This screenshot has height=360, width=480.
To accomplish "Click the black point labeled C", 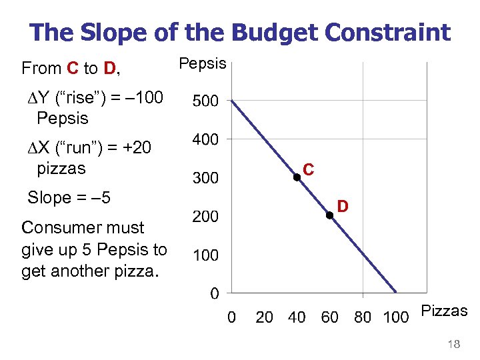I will (x=297, y=177).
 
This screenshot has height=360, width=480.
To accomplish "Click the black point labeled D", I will (x=329, y=215).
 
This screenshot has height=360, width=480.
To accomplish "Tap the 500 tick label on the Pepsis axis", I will (x=205, y=102).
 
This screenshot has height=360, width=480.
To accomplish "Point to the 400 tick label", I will (x=205, y=140).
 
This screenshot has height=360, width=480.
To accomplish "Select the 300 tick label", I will (x=205, y=179).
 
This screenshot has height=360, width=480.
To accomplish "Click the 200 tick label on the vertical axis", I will (x=205, y=217).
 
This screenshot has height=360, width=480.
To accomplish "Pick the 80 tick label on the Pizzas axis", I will (x=363, y=317).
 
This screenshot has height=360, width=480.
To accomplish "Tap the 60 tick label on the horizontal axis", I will (x=330, y=317).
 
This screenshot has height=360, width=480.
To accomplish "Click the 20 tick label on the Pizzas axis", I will (x=265, y=317).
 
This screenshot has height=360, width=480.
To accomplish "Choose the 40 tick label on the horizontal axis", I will (x=297, y=317).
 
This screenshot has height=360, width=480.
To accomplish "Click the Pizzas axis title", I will (x=444, y=311).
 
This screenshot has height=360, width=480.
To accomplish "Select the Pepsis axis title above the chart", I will (x=203, y=64).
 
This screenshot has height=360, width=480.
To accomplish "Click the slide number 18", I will (x=455, y=344).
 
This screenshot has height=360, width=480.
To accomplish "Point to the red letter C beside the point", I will (x=309, y=170).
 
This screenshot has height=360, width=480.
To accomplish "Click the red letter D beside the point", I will (x=342, y=207).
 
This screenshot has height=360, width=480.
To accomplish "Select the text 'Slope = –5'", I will (x=69, y=198).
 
